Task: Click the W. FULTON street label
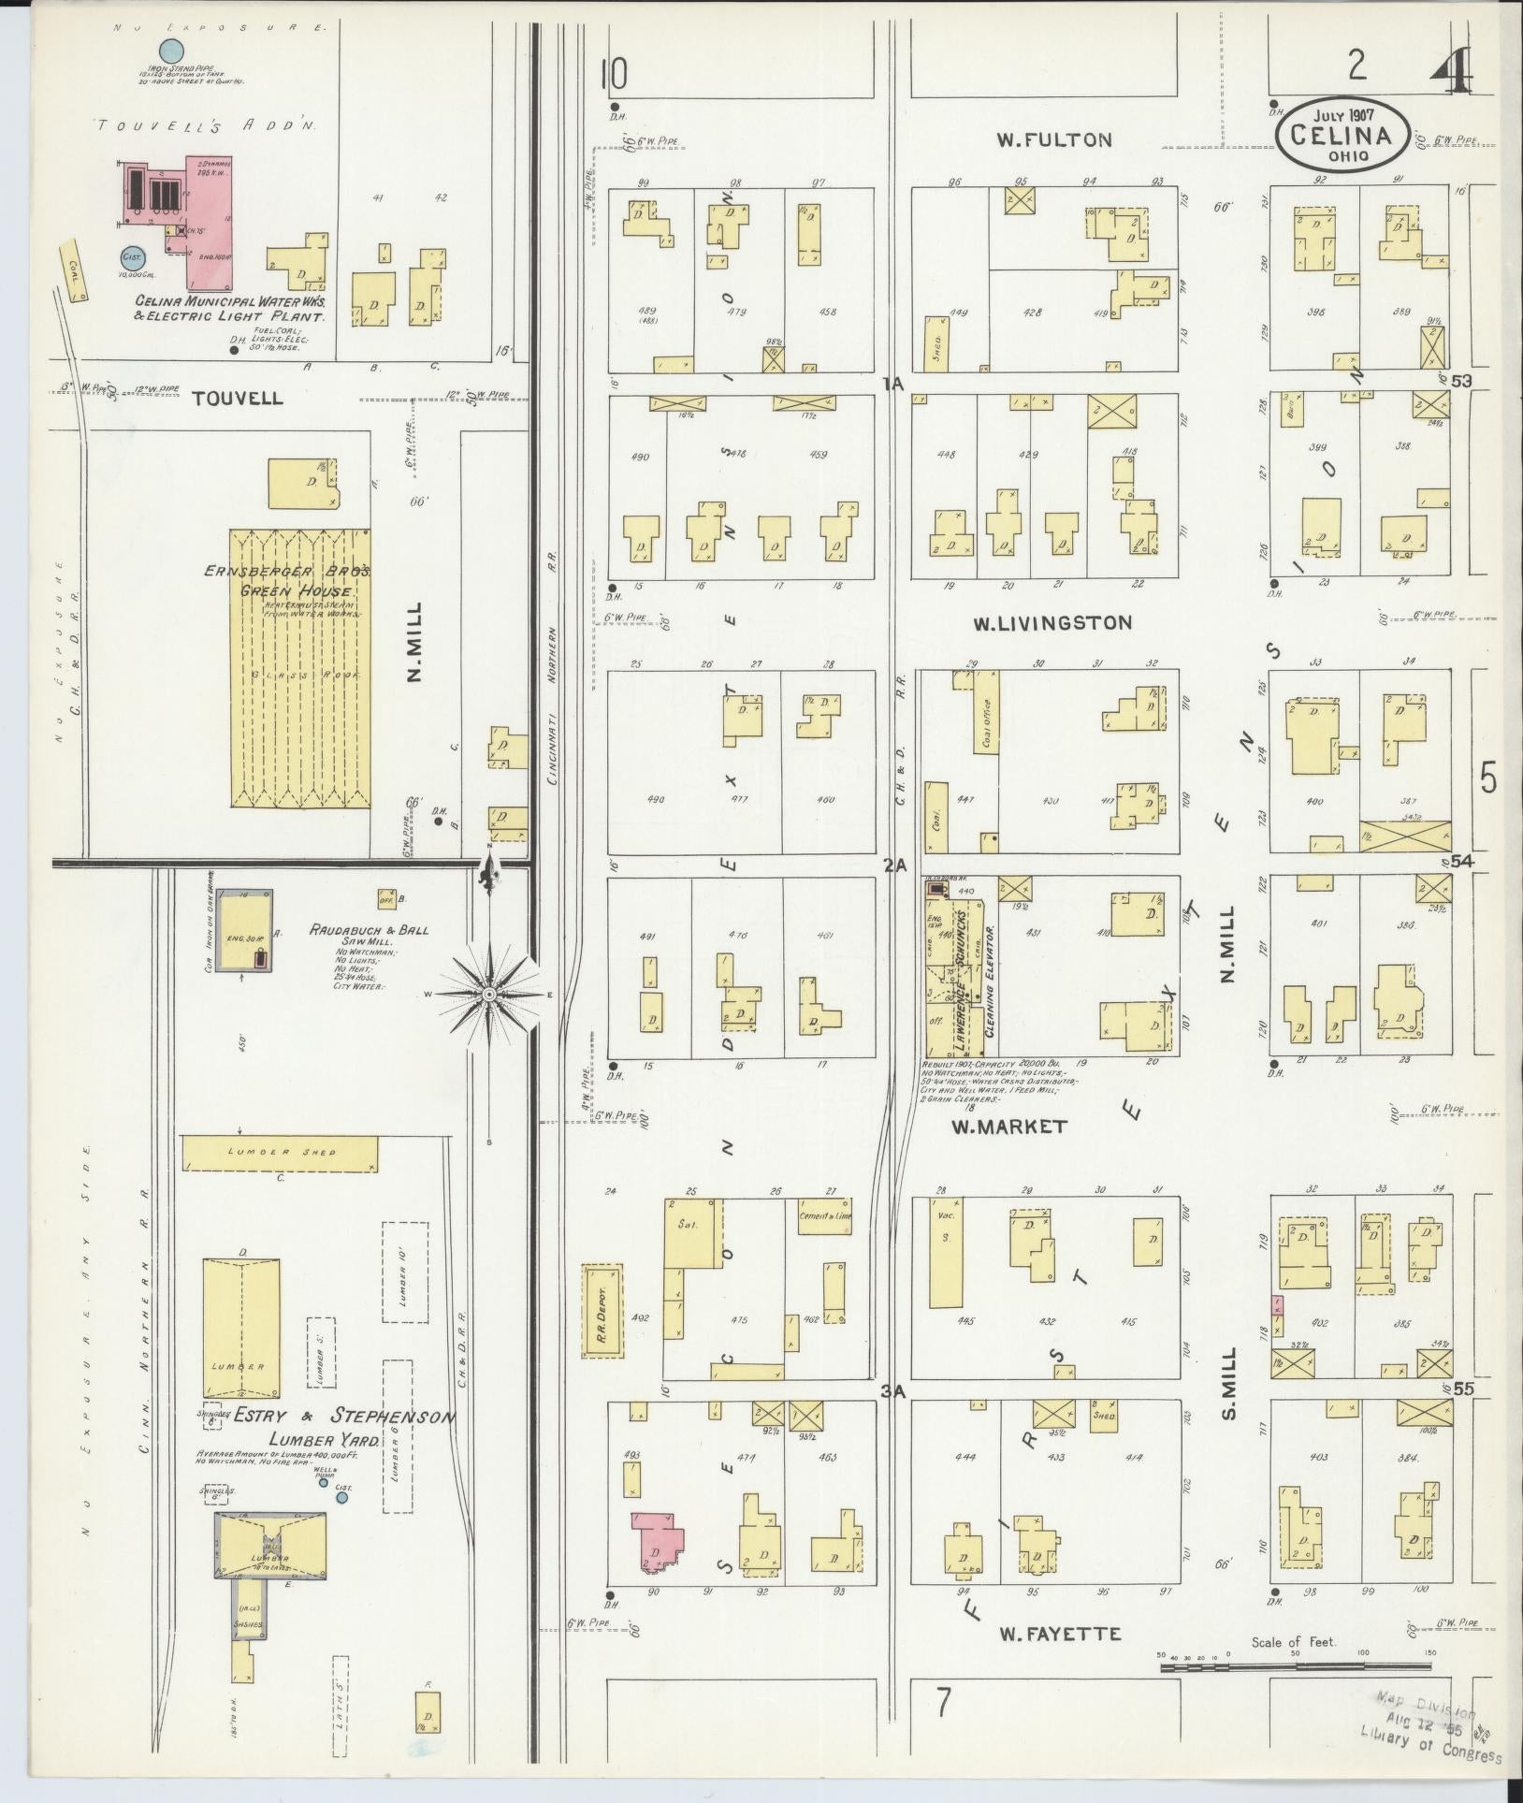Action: tap(1053, 140)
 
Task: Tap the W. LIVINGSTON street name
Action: tap(1052, 622)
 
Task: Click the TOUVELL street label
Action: tap(237, 398)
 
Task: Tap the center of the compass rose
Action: tap(488, 994)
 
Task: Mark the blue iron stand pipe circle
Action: tap(170, 51)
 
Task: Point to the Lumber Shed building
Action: tap(280, 1154)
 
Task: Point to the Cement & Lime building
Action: tap(824, 1217)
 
